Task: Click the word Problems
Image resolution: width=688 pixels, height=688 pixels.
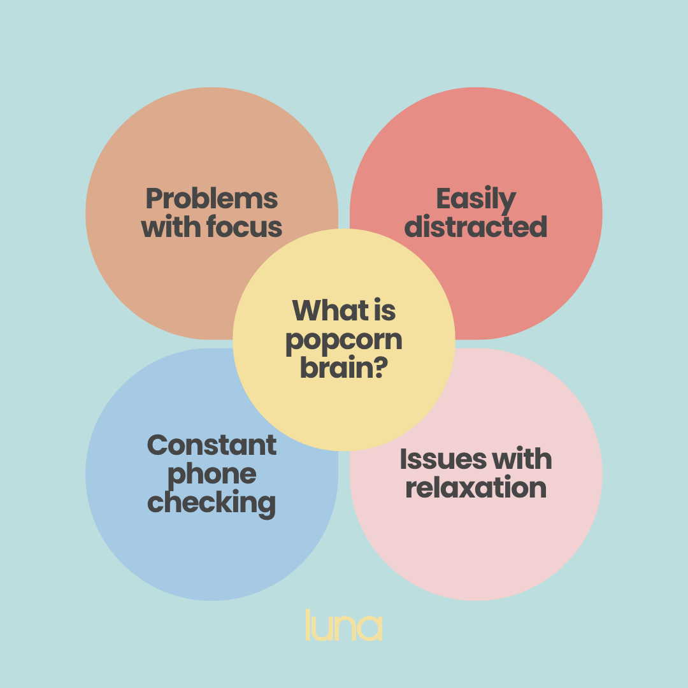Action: pyautogui.click(x=211, y=199)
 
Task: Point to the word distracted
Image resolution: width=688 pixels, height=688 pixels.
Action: pyautogui.click(x=476, y=227)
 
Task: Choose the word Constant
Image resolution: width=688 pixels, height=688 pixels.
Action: pyautogui.click(x=211, y=445)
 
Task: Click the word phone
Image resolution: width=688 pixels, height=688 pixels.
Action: pyautogui.click(x=211, y=475)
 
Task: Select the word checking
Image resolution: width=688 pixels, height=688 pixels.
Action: pyautogui.click(x=211, y=503)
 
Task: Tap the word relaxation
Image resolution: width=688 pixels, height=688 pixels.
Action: pyautogui.click(x=476, y=488)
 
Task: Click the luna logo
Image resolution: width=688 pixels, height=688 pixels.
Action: pyautogui.click(x=344, y=626)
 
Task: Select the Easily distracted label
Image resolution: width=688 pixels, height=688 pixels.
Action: pyautogui.click(x=476, y=213)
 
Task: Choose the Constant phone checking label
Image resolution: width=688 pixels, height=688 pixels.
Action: pyautogui.click(x=211, y=475)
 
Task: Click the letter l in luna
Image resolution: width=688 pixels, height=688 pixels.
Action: pyautogui.click(x=308, y=624)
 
